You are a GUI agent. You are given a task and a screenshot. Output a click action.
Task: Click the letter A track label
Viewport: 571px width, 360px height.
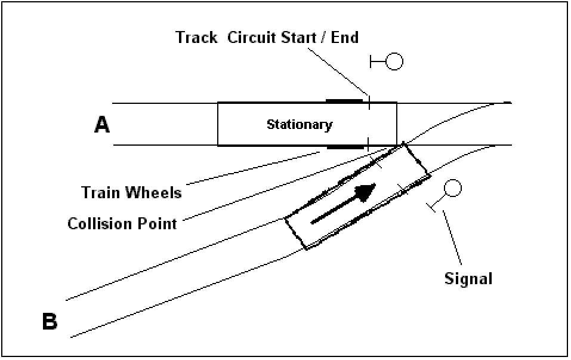tap(103, 124)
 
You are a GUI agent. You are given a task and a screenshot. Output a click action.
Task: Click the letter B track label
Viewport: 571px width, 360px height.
tap(50, 322)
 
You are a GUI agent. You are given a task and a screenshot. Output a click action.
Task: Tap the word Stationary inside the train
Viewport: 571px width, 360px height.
tap(299, 125)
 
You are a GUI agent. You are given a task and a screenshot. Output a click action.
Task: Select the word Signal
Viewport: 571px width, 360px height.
tap(468, 278)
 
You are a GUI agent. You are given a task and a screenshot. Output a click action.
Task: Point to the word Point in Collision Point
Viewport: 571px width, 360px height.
tap(158, 224)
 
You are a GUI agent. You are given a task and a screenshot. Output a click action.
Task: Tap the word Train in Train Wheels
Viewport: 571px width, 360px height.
tap(101, 193)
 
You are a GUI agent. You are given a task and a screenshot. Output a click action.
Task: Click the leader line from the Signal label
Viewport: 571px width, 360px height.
tap(452, 239)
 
